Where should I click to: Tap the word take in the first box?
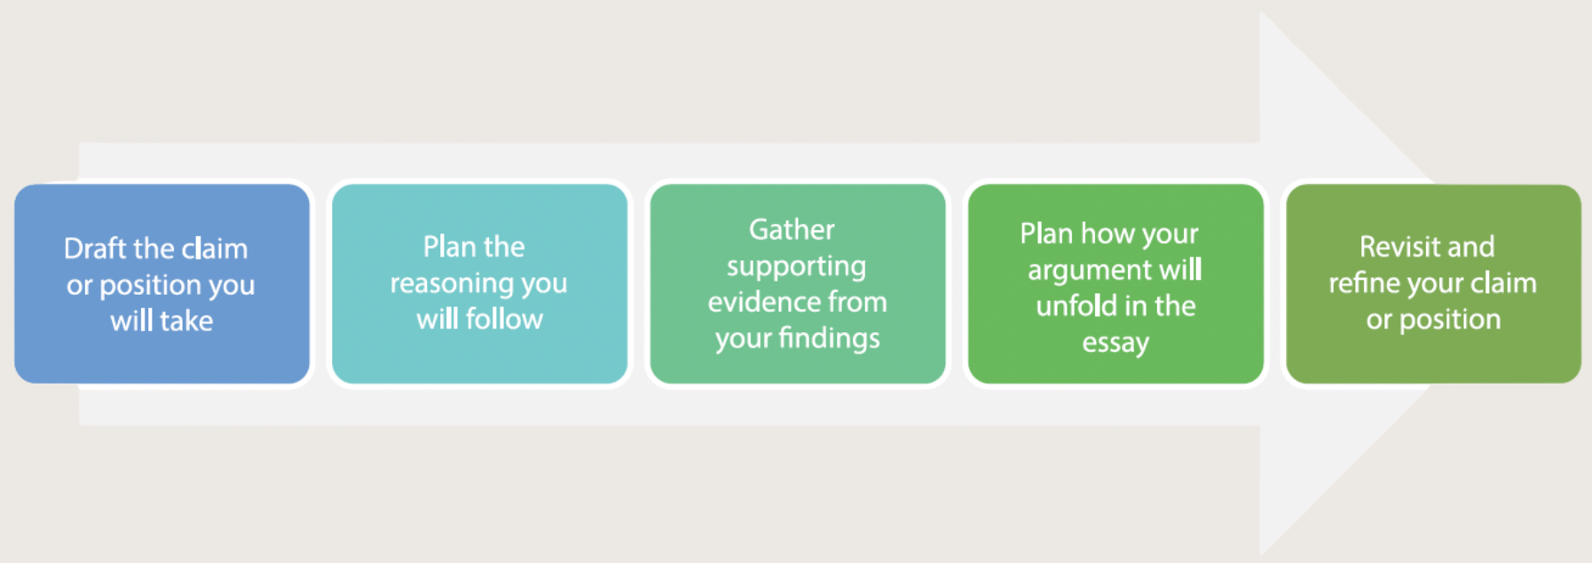pos(185,321)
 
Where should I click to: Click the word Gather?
pos(792,230)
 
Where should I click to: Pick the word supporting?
pos(796,267)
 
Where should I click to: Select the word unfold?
pos(1076,305)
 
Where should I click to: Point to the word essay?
pos(1115,344)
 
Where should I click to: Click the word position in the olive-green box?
pos(1450,321)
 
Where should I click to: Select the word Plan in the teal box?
pos(447,247)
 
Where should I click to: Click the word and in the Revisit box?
pos(1473,247)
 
